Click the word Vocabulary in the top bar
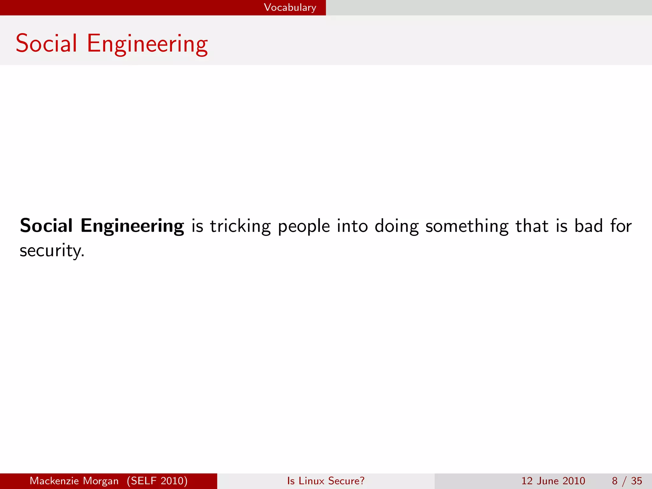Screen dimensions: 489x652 [290, 7]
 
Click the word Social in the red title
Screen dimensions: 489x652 [46, 43]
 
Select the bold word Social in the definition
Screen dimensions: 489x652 [46, 226]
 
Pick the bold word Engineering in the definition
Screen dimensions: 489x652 [132, 226]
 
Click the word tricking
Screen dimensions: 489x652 [240, 226]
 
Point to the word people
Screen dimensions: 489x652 [304, 227]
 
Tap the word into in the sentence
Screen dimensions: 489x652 [352, 226]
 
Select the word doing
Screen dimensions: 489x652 [397, 227]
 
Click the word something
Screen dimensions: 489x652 [467, 226]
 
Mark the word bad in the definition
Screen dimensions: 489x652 [589, 226]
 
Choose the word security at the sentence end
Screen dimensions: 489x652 [51, 251]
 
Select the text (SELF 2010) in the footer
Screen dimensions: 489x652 [157, 481]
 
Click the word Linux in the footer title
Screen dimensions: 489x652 [312, 481]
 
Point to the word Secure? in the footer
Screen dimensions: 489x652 [346, 481]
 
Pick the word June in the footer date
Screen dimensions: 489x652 [548, 481]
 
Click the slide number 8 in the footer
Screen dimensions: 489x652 [615, 481]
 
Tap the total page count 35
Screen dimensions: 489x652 [636, 481]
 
